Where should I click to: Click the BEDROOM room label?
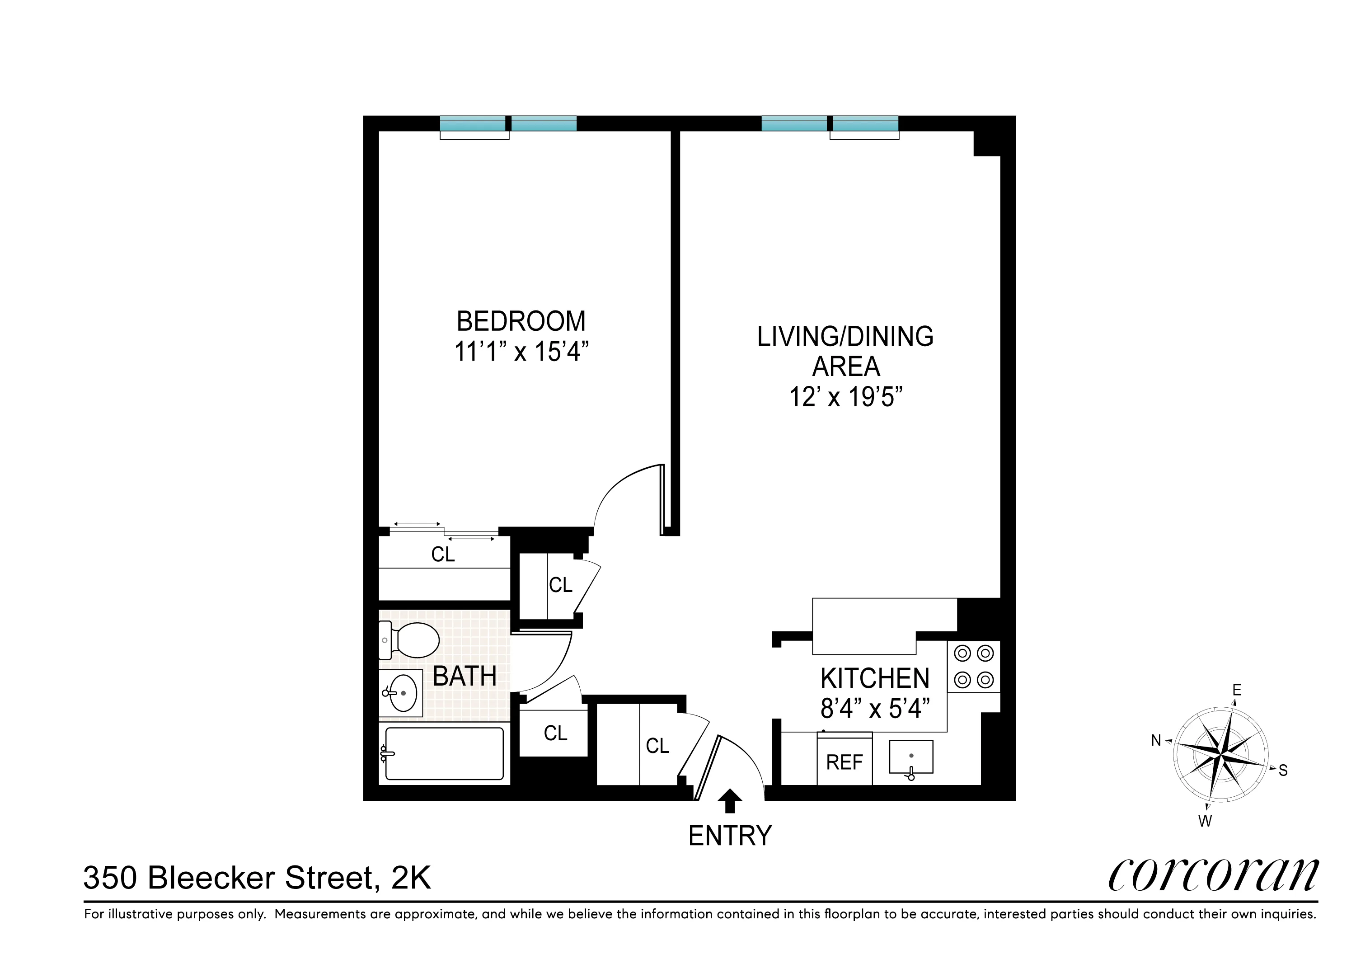521,321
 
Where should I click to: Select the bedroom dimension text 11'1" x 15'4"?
521,352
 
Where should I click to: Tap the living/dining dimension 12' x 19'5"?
846,397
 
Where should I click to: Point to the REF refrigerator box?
844,762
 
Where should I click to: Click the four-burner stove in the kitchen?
974,667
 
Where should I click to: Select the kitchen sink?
910,757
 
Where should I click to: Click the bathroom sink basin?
403,692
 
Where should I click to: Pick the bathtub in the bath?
444,753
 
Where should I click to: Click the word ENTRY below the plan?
730,836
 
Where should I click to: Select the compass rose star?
1220,755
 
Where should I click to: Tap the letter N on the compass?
1156,740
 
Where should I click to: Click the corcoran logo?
1213,875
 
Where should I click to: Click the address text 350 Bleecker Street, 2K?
257,878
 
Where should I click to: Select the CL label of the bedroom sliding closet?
443,554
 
